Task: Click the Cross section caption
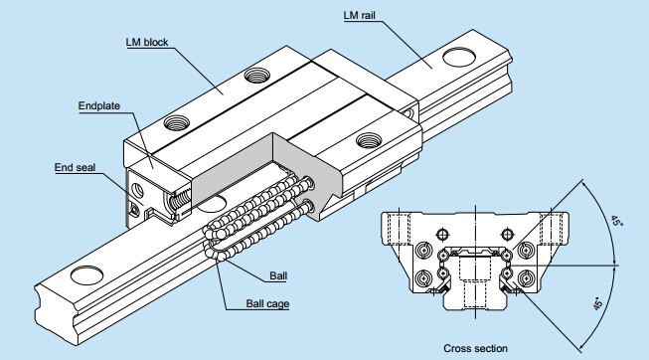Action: point(475,348)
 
